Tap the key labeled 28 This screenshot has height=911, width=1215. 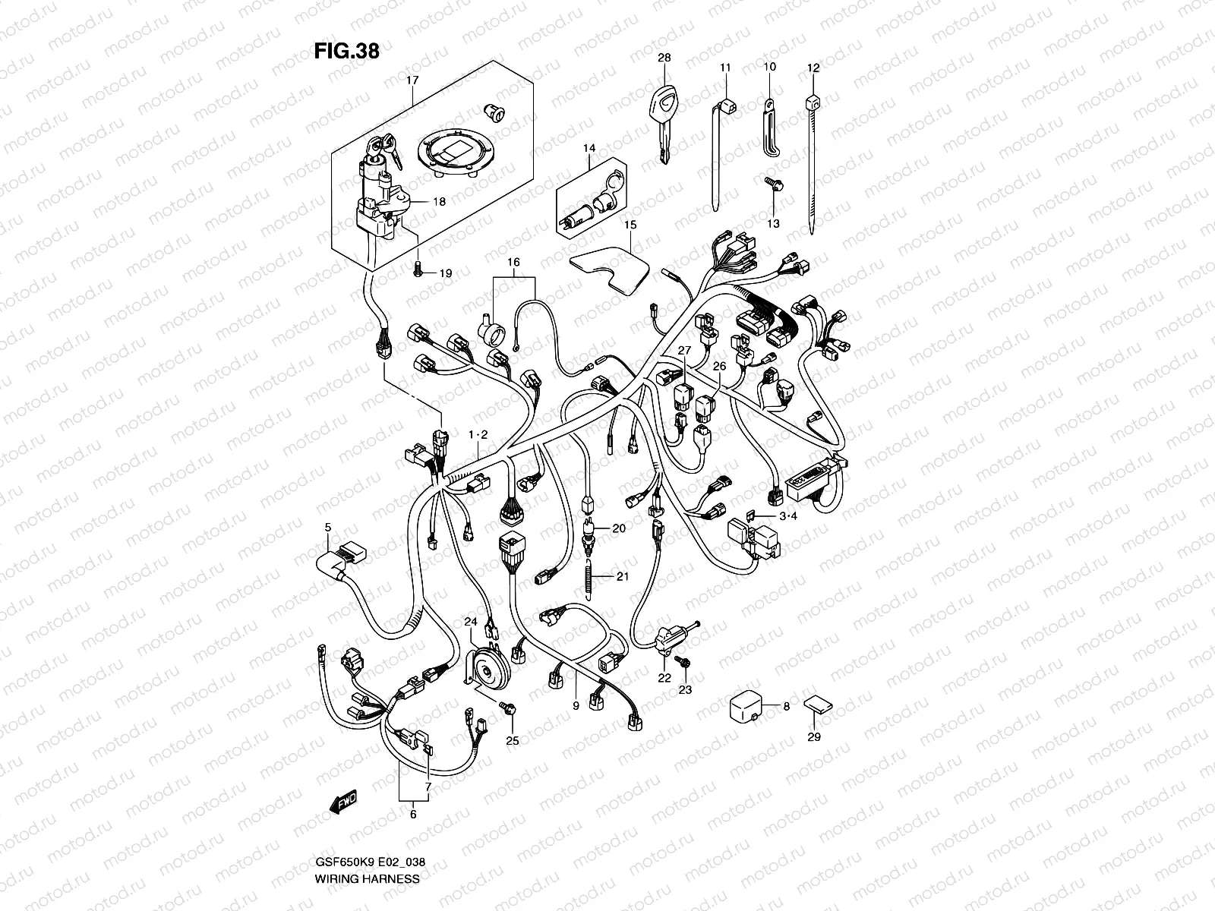664,121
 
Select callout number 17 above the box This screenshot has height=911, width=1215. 412,79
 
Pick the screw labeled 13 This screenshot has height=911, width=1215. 772,183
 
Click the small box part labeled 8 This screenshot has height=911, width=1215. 746,706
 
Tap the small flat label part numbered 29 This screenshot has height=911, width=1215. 815,703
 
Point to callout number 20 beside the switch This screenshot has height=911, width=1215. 618,528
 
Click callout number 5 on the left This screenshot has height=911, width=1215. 328,527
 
